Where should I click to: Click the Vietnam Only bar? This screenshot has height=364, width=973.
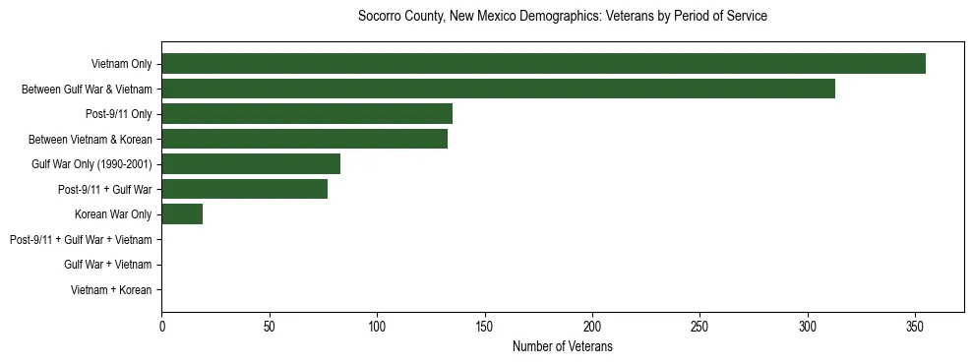pos(543,64)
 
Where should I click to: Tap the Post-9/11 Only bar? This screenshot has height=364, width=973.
pos(307,114)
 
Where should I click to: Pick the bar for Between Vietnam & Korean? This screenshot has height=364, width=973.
pos(304,139)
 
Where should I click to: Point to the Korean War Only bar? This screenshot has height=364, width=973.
pos(182,214)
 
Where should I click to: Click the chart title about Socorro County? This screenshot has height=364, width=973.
pos(562,17)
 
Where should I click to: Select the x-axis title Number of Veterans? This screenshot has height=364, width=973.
pos(562,347)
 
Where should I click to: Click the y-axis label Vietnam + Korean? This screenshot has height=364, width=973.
pos(111,290)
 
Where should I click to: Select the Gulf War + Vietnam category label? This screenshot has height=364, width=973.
pos(107,265)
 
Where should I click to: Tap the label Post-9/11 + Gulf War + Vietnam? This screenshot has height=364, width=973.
pos(81,240)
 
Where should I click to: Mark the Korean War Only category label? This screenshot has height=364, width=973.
pos(113,214)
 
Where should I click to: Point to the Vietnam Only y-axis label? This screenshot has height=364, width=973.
pos(121,64)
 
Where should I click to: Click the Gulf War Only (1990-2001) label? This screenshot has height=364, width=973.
pos(91,164)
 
